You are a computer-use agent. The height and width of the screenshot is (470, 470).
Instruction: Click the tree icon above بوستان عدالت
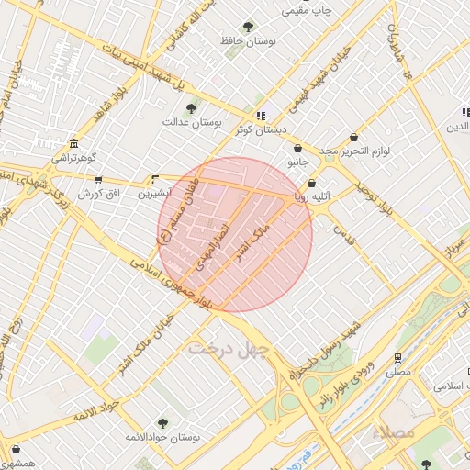pyautogui.click(x=191, y=109)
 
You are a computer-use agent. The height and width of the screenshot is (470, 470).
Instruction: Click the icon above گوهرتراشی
pyautogui.click(x=73, y=144)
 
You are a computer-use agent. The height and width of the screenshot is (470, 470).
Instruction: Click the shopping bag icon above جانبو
pyautogui.click(x=298, y=150)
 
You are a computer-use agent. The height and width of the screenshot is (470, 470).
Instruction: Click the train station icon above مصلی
pyautogui.click(x=397, y=358)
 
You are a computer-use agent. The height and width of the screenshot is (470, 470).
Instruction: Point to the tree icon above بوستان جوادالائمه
pyautogui.click(x=162, y=423)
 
